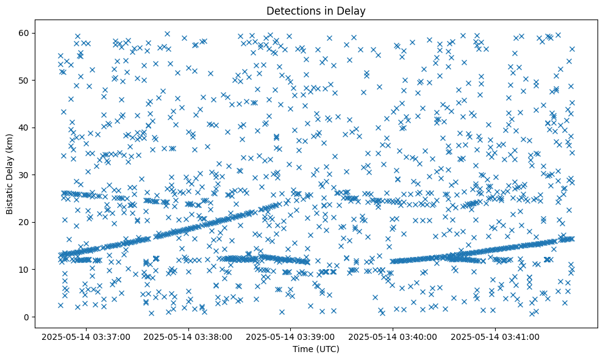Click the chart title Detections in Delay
[316, 10]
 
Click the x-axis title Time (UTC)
[316, 349]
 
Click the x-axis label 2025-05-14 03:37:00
[86, 336]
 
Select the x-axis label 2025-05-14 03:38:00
[188, 336]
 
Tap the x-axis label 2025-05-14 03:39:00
[291, 336]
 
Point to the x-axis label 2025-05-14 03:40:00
[393, 336]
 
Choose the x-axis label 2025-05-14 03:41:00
[495, 336]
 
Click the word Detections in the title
[291, 10]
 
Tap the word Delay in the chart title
[353, 10]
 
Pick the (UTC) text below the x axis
[327, 349]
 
